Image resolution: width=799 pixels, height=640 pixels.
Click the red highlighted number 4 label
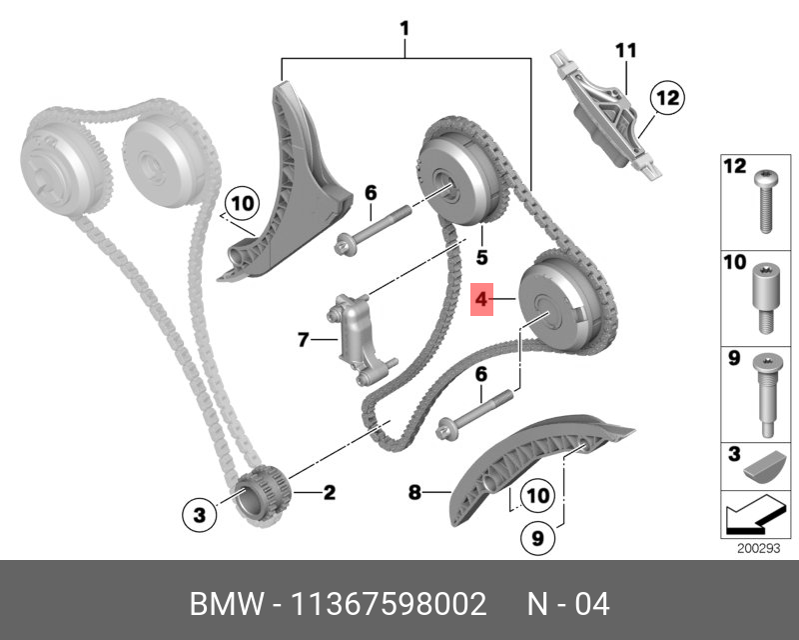[x=480, y=299]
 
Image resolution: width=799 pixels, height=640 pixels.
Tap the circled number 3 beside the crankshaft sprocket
[x=200, y=514]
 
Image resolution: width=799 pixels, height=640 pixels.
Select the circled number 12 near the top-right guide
[x=666, y=98]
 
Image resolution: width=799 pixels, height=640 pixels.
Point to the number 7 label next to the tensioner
[x=303, y=341]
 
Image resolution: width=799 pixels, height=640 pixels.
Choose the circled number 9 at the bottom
[x=536, y=538]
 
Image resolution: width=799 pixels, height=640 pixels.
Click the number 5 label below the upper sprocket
[x=481, y=258]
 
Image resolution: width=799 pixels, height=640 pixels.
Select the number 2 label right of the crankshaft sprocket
[x=329, y=491]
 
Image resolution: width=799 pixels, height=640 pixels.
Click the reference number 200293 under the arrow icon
[x=757, y=548]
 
